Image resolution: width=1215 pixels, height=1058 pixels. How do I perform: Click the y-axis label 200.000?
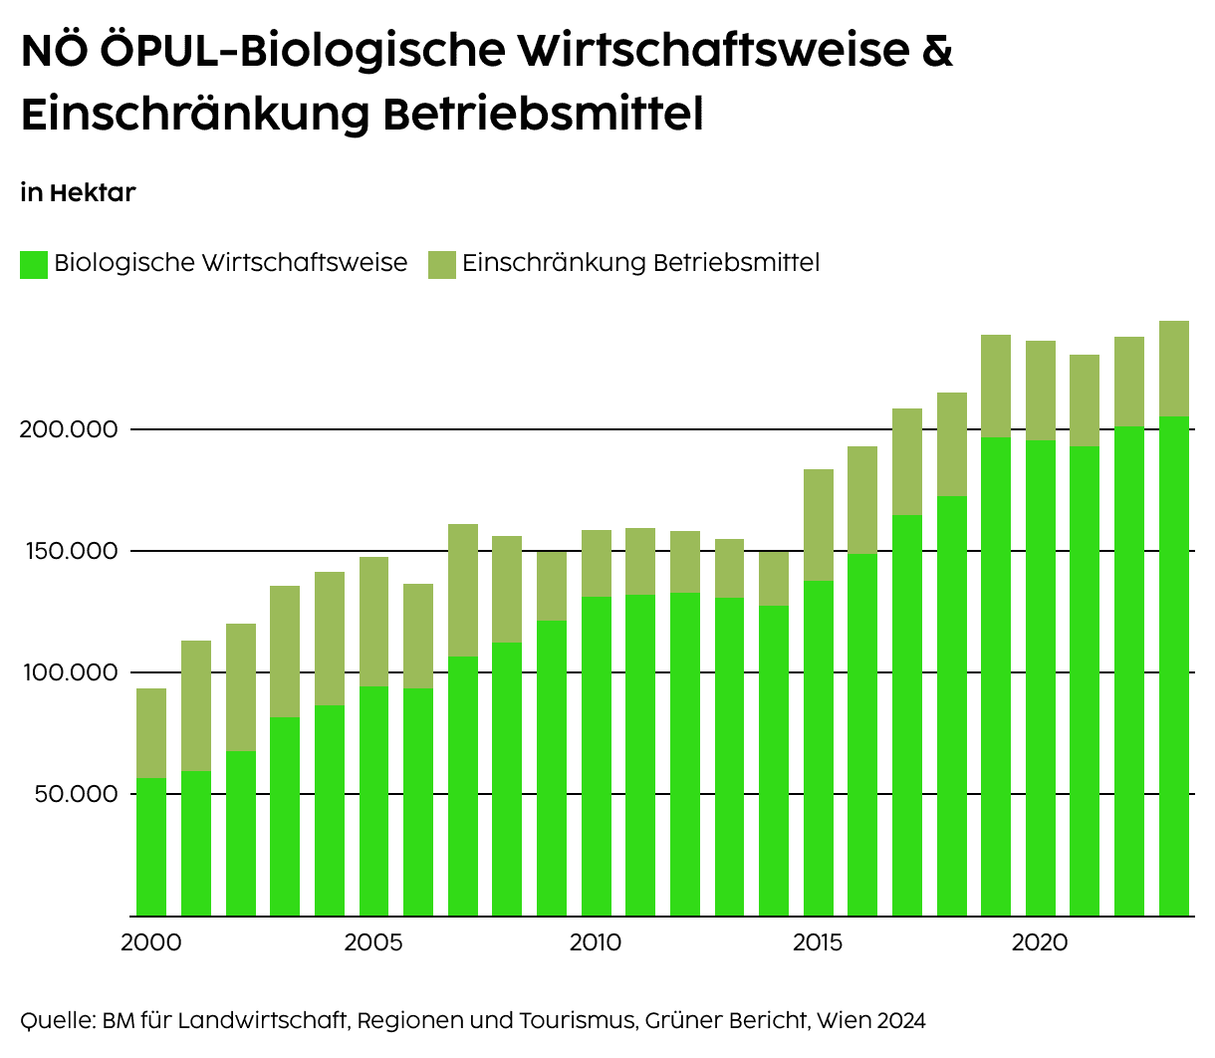69,430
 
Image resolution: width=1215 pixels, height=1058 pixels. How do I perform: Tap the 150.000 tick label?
69,552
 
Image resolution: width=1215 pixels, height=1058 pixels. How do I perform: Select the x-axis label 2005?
373,942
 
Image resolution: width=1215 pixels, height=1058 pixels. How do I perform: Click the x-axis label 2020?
1040,942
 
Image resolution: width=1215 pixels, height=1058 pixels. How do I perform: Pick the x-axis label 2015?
818,942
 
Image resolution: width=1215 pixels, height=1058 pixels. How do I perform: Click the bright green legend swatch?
34,264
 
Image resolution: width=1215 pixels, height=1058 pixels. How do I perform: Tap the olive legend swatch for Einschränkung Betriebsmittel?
441,264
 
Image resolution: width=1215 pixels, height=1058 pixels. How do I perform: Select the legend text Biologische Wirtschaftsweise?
230,263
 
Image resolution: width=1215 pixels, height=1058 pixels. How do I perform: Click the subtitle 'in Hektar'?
78,192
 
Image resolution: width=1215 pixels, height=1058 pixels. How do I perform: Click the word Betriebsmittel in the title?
543,115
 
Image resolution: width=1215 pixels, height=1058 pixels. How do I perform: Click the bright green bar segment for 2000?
151,847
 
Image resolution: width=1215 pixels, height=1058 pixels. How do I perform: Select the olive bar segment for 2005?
373,622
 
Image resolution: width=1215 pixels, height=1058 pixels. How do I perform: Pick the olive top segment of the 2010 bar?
596,564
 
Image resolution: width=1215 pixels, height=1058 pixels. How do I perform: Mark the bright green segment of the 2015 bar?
818,747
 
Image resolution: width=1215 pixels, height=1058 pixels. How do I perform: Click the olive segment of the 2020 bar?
1040,391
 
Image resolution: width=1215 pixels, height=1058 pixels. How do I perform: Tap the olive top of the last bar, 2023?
1173,369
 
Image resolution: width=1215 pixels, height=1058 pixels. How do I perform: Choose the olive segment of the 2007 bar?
462,591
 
